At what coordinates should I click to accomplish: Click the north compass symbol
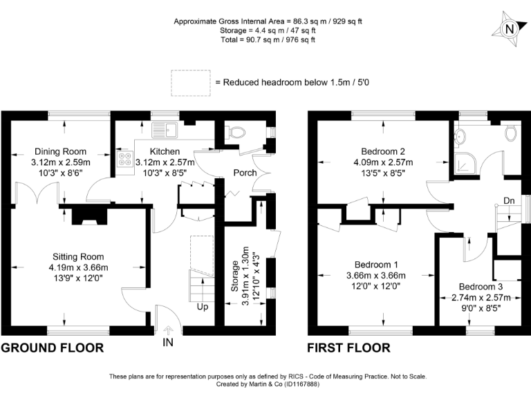click(509, 29)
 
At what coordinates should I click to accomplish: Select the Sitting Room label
click(77, 257)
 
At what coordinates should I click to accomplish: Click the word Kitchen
click(165, 151)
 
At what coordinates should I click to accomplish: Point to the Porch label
click(245, 173)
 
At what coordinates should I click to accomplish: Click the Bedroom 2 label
click(382, 152)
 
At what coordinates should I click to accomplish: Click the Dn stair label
click(509, 201)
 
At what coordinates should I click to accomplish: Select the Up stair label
click(203, 307)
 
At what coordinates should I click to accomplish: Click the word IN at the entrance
click(169, 342)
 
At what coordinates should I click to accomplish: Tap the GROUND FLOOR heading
click(53, 348)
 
